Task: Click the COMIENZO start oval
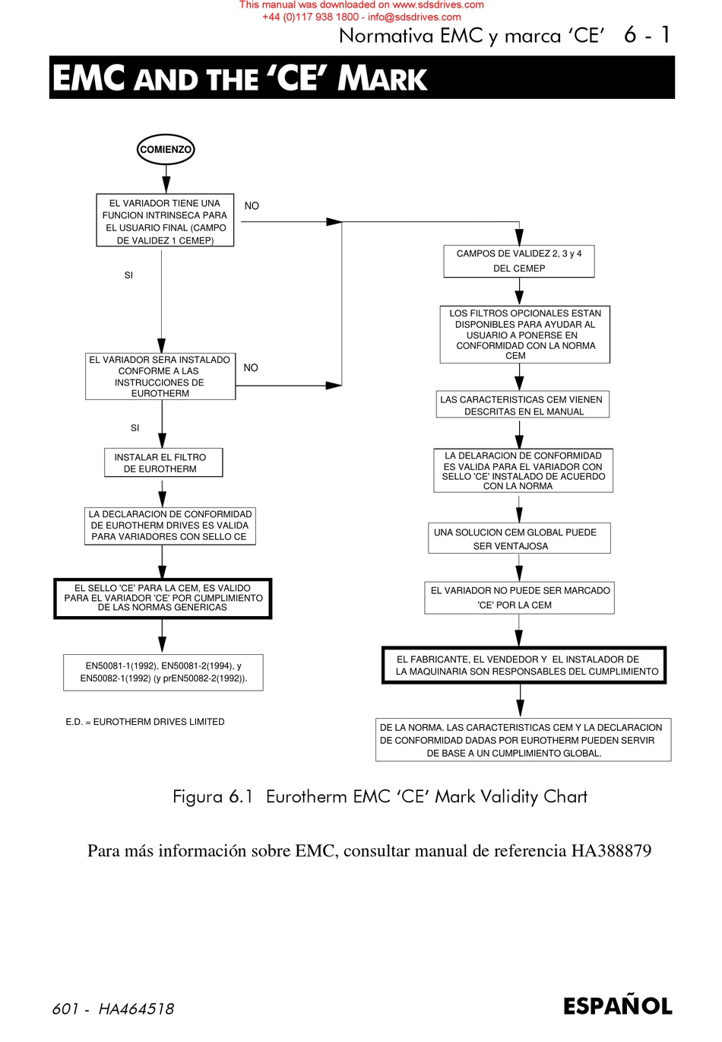[x=166, y=149]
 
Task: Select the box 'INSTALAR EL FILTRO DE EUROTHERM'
[x=163, y=462]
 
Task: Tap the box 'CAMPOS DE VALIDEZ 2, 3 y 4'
[x=519, y=261]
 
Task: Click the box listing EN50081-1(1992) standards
[x=163, y=672]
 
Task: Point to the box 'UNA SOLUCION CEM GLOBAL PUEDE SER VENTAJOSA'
[x=519, y=538]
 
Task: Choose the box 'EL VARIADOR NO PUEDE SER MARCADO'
[x=519, y=598]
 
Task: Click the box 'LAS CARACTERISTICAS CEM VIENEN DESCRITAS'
[x=523, y=405]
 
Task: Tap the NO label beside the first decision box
[x=252, y=205]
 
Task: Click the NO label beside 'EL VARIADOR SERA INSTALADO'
[x=251, y=367]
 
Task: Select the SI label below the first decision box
[x=128, y=275]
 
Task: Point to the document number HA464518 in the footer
[x=136, y=1009]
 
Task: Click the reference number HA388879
[x=611, y=850]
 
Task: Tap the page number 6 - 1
[x=647, y=34]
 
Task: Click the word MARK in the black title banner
[x=382, y=78]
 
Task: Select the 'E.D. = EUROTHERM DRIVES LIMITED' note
[x=145, y=722]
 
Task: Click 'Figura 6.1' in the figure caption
[x=213, y=796]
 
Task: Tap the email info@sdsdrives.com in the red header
[x=414, y=17]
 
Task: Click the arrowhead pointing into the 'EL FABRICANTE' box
[x=519, y=638]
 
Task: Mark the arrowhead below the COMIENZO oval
[x=166, y=185]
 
